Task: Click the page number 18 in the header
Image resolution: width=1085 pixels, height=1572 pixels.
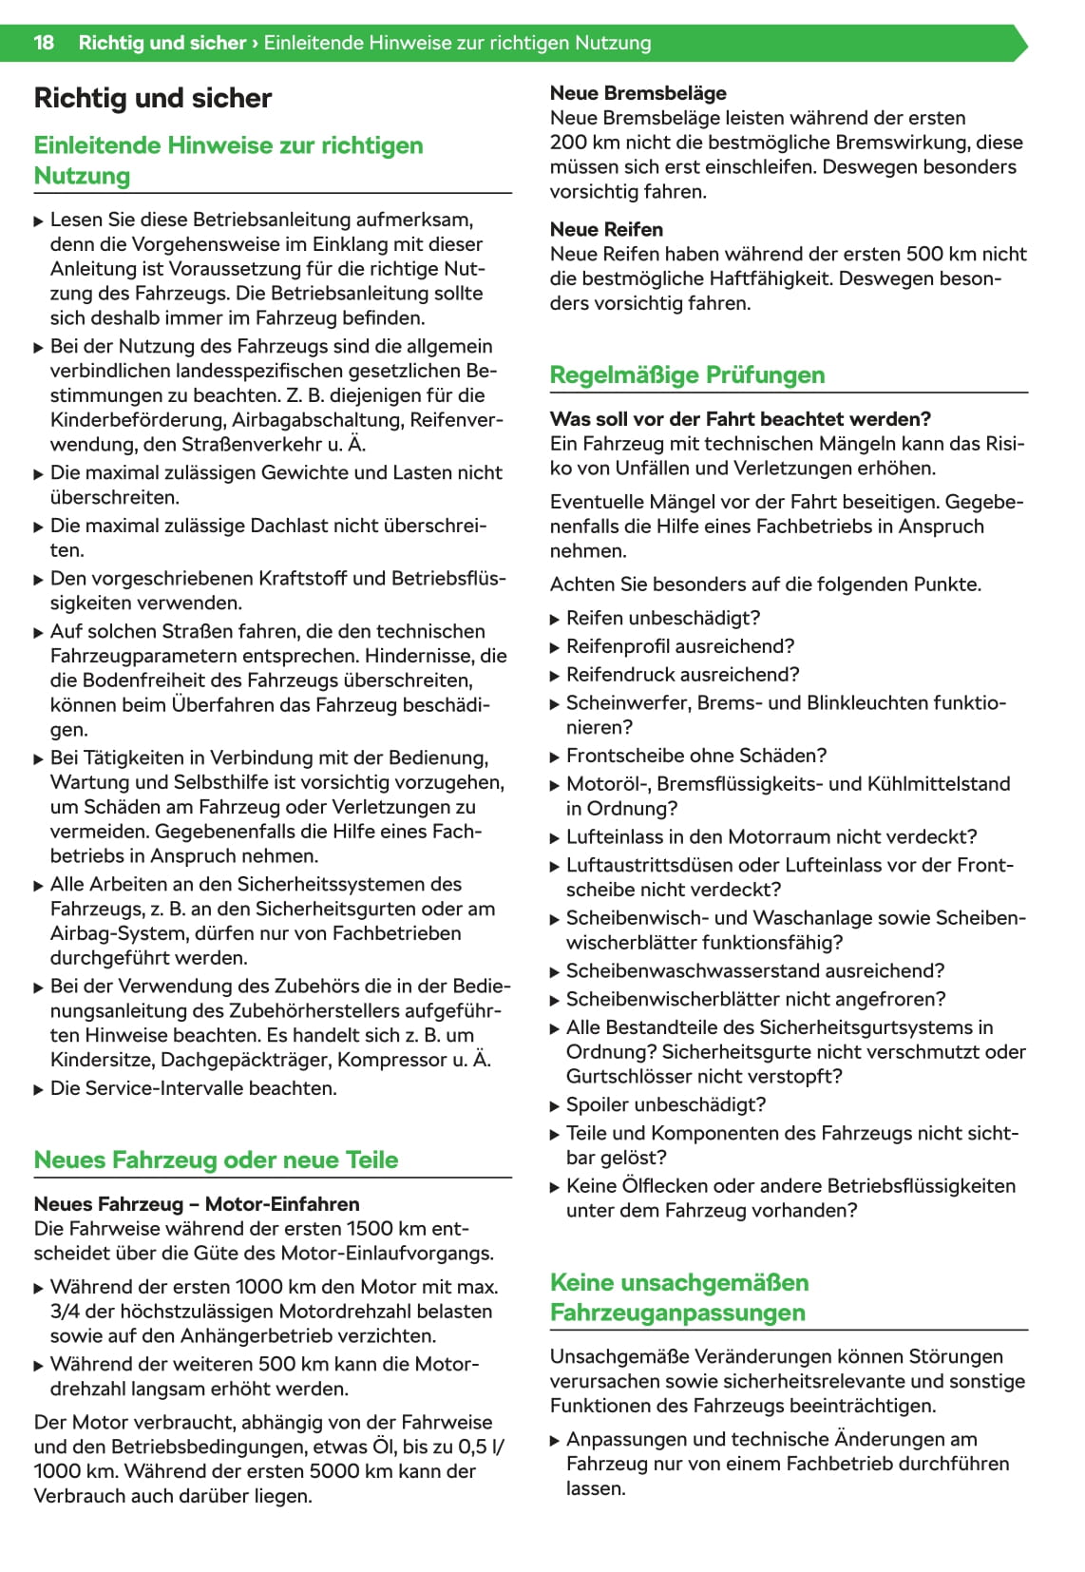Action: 44,43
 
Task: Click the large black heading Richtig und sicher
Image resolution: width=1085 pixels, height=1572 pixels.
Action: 152,98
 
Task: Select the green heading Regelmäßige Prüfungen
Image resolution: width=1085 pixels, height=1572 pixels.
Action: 687,374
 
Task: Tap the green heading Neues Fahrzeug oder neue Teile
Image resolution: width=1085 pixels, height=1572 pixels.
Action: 216,1160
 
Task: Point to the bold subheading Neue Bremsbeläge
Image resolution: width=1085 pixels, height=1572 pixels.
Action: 638,93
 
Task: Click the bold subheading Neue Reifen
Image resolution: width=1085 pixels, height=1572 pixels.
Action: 606,229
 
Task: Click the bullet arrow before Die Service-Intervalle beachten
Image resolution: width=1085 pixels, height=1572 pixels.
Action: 39,1089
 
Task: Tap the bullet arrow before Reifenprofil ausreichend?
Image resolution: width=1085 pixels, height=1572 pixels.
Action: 555,647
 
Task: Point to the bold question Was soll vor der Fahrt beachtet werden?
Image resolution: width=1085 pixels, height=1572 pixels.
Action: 740,419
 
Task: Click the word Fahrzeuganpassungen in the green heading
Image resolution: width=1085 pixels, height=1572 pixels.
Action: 677,1313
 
